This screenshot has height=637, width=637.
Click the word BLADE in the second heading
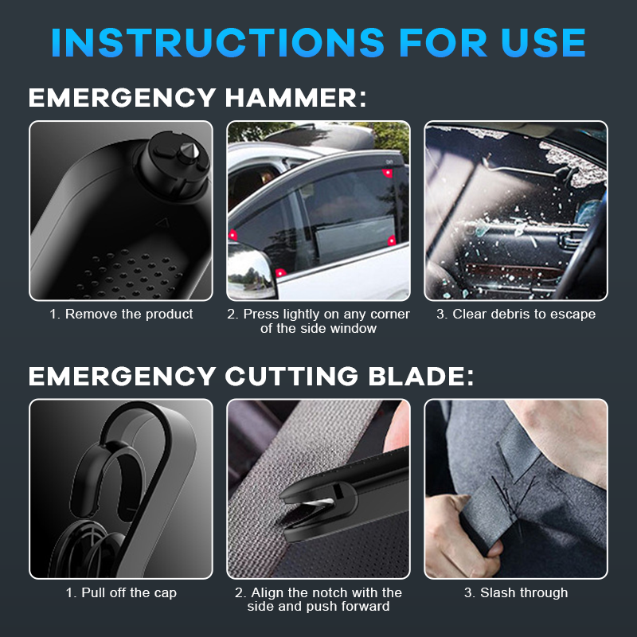(422, 375)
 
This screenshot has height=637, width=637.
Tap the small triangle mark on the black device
(164, 225)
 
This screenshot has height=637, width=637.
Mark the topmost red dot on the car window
(388, 172)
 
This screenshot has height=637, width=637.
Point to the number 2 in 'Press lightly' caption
(233, 314)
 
